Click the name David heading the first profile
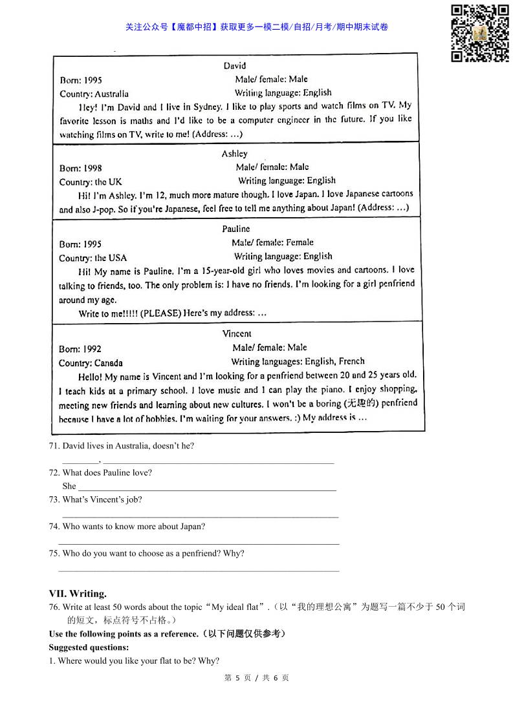235,66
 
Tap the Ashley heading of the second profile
234,154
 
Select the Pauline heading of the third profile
235,229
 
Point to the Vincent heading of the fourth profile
237,333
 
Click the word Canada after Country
109,362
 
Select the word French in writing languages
351,361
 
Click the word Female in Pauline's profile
300,242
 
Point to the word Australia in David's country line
111,94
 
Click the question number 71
54,446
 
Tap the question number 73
54,499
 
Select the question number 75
54,553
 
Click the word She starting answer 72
69,486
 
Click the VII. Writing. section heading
78,593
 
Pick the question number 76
54,607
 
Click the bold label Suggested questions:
89,647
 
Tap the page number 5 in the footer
237,678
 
